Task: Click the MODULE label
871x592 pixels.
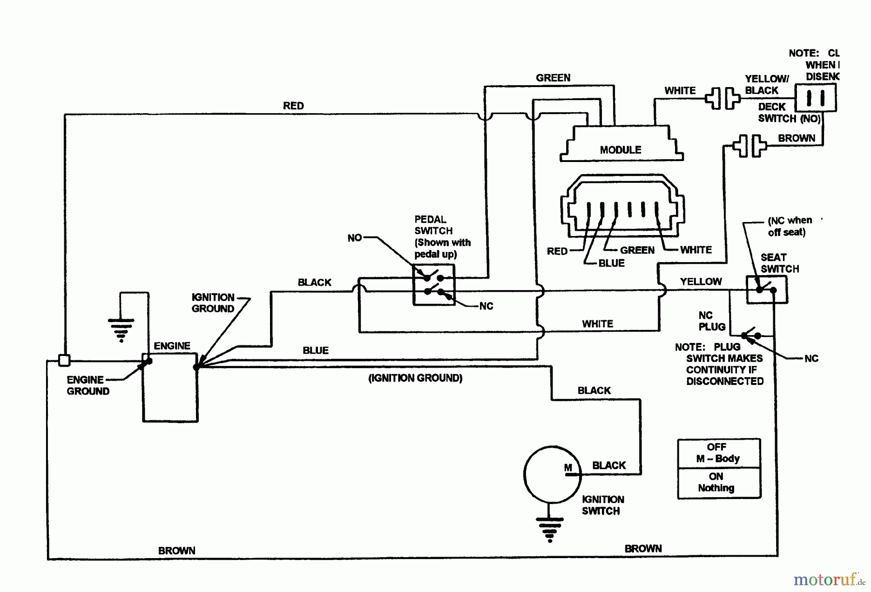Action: (620, 150)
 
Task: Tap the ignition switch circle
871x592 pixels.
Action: (552, 474)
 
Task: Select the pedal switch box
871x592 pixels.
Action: (434, 285)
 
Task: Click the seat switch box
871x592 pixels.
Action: (766, 290)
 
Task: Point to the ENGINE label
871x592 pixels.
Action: (172, 346)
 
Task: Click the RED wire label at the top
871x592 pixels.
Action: (293, 106)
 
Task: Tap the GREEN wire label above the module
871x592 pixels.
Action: (553, 78)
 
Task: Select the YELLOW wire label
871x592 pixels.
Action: (701, 281)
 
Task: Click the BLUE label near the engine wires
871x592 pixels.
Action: (315, 350)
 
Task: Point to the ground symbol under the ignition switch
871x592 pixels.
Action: (550, 529)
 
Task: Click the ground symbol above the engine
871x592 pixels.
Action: (121, 329)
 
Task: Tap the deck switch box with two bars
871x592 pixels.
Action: (816, 98)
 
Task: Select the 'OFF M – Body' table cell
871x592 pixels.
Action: (719, 453)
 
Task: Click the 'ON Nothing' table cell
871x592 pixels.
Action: (719, 483)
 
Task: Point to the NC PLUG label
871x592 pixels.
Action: (711, 321)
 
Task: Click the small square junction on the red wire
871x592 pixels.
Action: (64, 360)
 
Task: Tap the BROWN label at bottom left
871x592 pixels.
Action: (177, 550)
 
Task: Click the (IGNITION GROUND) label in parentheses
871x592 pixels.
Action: (415, 378)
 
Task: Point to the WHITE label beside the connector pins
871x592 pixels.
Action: (696, 250)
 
